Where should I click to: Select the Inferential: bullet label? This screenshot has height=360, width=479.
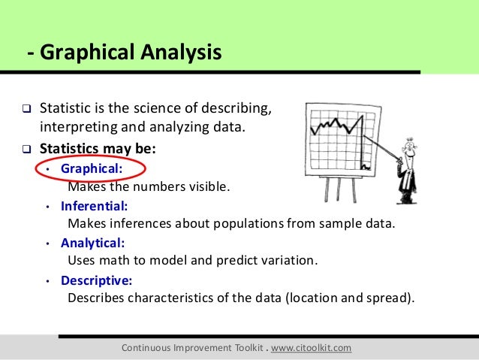(94, 204)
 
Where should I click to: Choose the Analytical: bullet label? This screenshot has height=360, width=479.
(93, 243)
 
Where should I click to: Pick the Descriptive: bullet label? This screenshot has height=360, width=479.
(96, 280)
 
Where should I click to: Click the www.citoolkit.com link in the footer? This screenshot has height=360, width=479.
(310, 349)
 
